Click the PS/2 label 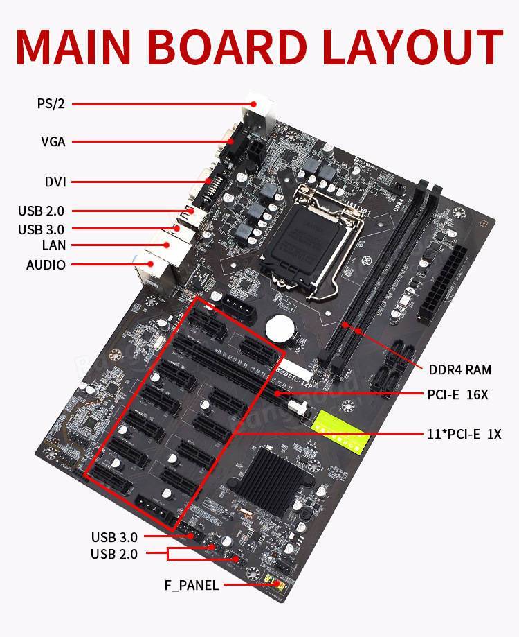click(x=51, y=104)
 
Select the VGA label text click(x=53, y=142)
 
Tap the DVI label click(x=55, y=182)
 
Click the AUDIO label click(x=46, y=265)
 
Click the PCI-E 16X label click(x=457, y=394)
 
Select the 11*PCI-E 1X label click(x=464, y=435)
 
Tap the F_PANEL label click(x=191, y=585)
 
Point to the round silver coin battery click(x=283, y=326)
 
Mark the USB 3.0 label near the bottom click(x=114, y=536)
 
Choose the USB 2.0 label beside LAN click(x=42, y=211)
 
